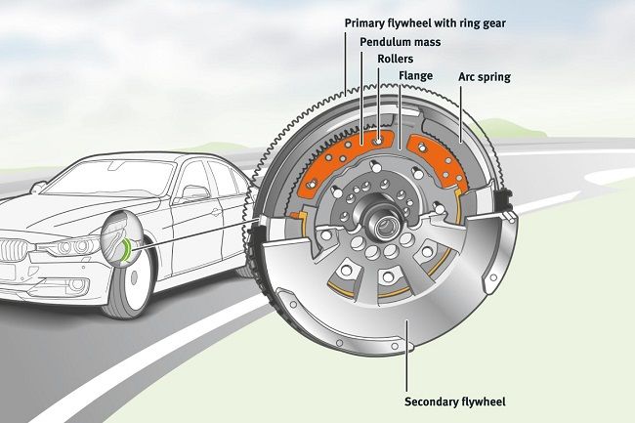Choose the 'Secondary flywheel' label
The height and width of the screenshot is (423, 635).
tap(456, 401)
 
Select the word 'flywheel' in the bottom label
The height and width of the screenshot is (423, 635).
tap(480, 401)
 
